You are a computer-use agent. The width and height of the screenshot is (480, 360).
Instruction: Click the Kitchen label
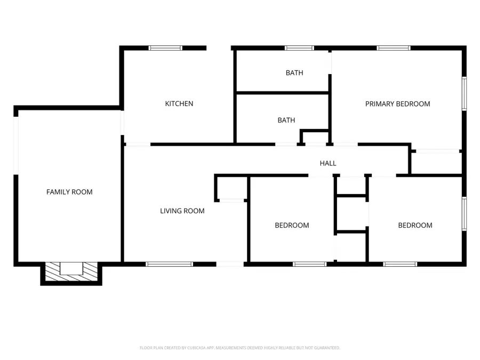click(x=179, y=103)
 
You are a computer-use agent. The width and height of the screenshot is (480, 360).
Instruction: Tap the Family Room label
click(x=69, y=192)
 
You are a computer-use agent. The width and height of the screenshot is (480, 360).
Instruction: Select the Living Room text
click(x=182, y=211)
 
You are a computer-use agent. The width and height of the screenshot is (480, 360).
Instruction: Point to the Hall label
click(x=328, y=163)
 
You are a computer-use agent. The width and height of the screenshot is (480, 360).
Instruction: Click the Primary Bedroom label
click(x=397, y=104)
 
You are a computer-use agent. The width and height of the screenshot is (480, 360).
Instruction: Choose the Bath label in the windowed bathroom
click(x=294, y=73)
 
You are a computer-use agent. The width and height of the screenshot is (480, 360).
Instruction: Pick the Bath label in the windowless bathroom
click(x=286, y=121)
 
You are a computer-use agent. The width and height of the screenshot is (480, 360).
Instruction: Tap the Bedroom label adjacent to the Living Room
click(x=292, y=226)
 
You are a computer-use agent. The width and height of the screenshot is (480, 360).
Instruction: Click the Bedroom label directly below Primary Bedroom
click(x=415, y=226)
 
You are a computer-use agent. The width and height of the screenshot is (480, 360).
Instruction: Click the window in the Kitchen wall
click(x=165, y=48)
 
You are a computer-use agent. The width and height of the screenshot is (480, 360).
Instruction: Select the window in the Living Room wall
click(x=169, y=263)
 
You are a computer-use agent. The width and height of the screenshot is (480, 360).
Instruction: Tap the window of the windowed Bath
click(x=299, y=48)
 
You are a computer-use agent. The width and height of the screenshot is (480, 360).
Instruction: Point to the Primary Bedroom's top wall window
click(x=394, y=48)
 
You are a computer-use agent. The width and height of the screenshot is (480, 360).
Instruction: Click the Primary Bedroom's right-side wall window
click(x=465, y=94)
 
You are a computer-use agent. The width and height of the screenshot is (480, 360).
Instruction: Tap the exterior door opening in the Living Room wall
click(x=230, y=263)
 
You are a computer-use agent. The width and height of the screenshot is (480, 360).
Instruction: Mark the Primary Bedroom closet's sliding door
click(x=437, y=152)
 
